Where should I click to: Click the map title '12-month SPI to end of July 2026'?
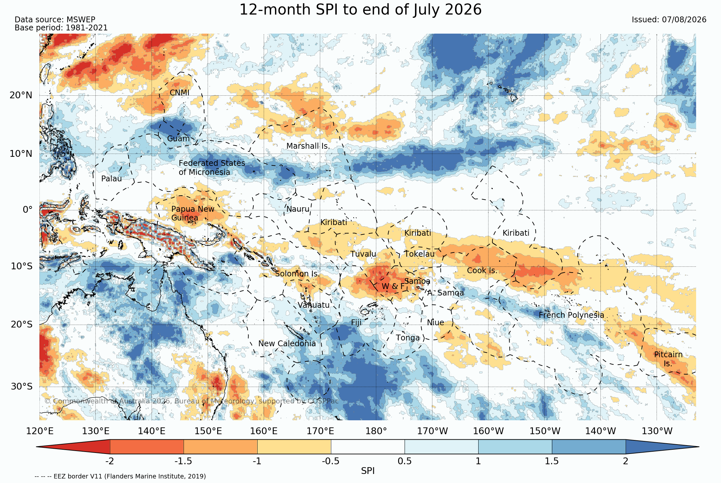coord(360,10)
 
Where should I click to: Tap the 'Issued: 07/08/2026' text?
coord(669,20)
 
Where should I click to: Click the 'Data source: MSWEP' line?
coord(55,20)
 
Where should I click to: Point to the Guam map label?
coord(178,139)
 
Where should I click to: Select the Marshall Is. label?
coord(308,146)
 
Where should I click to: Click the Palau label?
coord(111,179)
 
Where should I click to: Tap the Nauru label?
coord(298,209)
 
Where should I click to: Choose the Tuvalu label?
coord(363,254)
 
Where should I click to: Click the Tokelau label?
coord(419,254)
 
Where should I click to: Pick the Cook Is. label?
coord(482,271)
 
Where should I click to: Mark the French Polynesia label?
coord(571,315)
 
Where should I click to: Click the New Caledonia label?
coord(287,344)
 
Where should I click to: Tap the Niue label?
coord(435,323)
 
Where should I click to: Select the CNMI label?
coord(180,93)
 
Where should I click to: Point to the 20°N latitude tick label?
coord(21,95)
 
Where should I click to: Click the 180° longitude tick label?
coord(376,431)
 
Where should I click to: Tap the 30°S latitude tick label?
coord(22,387)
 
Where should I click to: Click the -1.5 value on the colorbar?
coord(183,461)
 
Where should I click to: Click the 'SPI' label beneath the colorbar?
coord(368,471)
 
